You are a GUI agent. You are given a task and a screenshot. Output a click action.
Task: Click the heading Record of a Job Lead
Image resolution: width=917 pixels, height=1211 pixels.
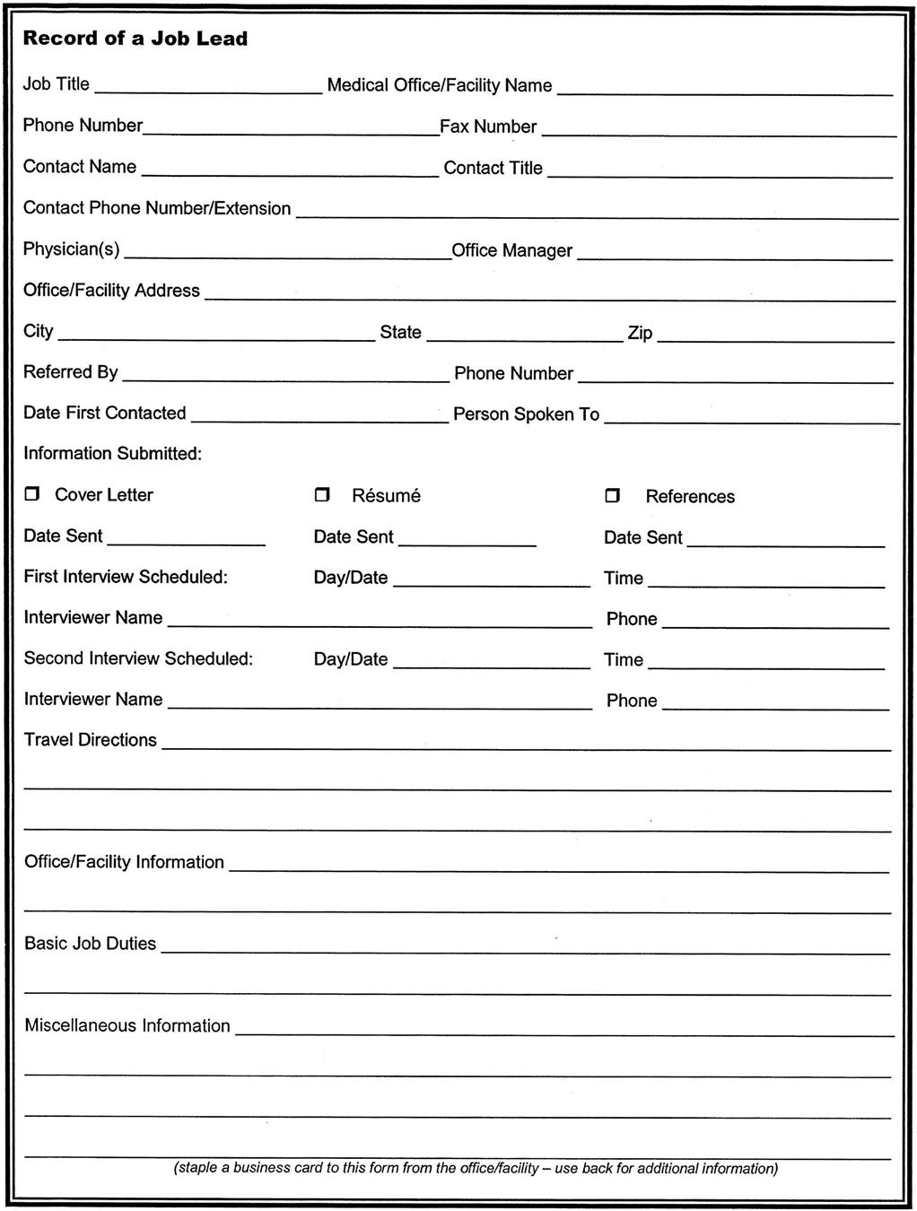coord(135,39)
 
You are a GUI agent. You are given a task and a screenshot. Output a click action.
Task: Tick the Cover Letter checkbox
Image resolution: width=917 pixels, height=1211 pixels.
coord(32,494)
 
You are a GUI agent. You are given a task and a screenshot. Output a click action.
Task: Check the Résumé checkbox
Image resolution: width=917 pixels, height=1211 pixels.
coord(322,495)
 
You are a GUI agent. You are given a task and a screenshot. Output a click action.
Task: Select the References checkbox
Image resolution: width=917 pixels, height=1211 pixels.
coord(613,496)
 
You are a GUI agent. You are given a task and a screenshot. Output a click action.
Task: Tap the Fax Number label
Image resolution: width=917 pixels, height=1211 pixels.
coord(488,126)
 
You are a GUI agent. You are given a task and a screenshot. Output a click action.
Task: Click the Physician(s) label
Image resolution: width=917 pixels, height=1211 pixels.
coord(71,248)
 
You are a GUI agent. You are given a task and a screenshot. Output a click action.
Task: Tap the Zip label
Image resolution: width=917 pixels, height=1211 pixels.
coord(640,333)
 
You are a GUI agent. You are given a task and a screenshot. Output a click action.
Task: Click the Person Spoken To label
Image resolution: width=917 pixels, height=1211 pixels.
coord(526,414)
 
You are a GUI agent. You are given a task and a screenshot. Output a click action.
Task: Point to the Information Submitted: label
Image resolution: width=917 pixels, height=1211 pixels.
coord(112,453)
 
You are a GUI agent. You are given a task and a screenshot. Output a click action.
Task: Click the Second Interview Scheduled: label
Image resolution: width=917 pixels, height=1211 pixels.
coord(138,658)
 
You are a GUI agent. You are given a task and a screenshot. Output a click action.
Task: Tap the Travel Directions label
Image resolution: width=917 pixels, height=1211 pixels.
coord(90,740)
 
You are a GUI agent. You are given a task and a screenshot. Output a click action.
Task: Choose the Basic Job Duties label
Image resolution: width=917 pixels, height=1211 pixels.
coord(90,944)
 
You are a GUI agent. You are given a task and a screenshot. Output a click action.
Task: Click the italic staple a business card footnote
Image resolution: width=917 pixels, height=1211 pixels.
coord(476,1168)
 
